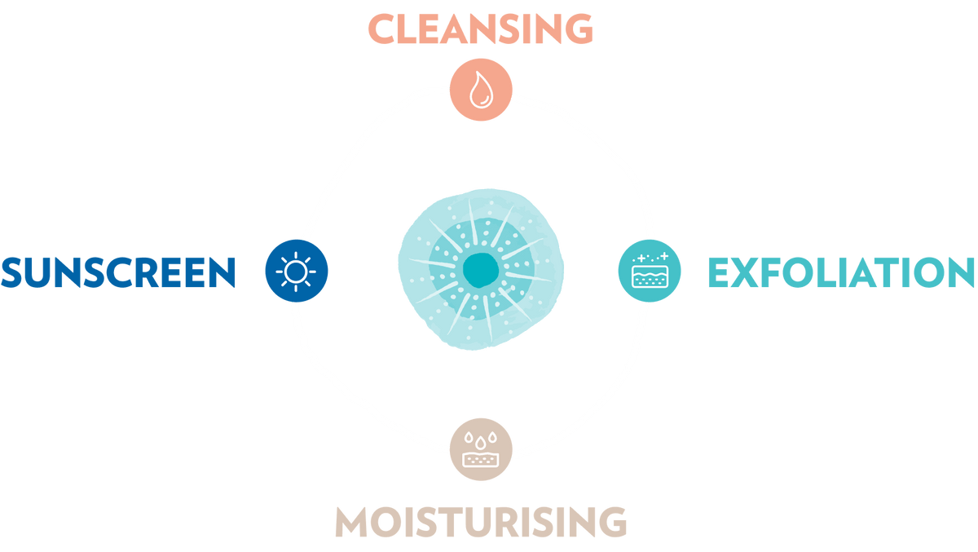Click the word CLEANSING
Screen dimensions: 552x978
[481, 29]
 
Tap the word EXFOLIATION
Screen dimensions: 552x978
[840, 273]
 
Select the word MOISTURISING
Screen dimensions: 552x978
[481, 523]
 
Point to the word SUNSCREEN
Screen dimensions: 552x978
[118, 273]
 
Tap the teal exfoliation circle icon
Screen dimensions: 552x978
[650, 272]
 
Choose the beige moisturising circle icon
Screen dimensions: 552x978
[481, 449]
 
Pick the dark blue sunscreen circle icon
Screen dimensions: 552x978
[297, 270]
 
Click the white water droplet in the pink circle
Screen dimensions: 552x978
[481, 89]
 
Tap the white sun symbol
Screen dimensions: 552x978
[297, 270]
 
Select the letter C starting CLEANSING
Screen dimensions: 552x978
[383, 29]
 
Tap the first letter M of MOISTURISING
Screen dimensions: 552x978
[353, 523]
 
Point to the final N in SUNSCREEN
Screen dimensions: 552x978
[219, 273]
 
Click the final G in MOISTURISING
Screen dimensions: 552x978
[611, 523]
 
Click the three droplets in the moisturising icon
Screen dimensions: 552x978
[481, 439]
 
